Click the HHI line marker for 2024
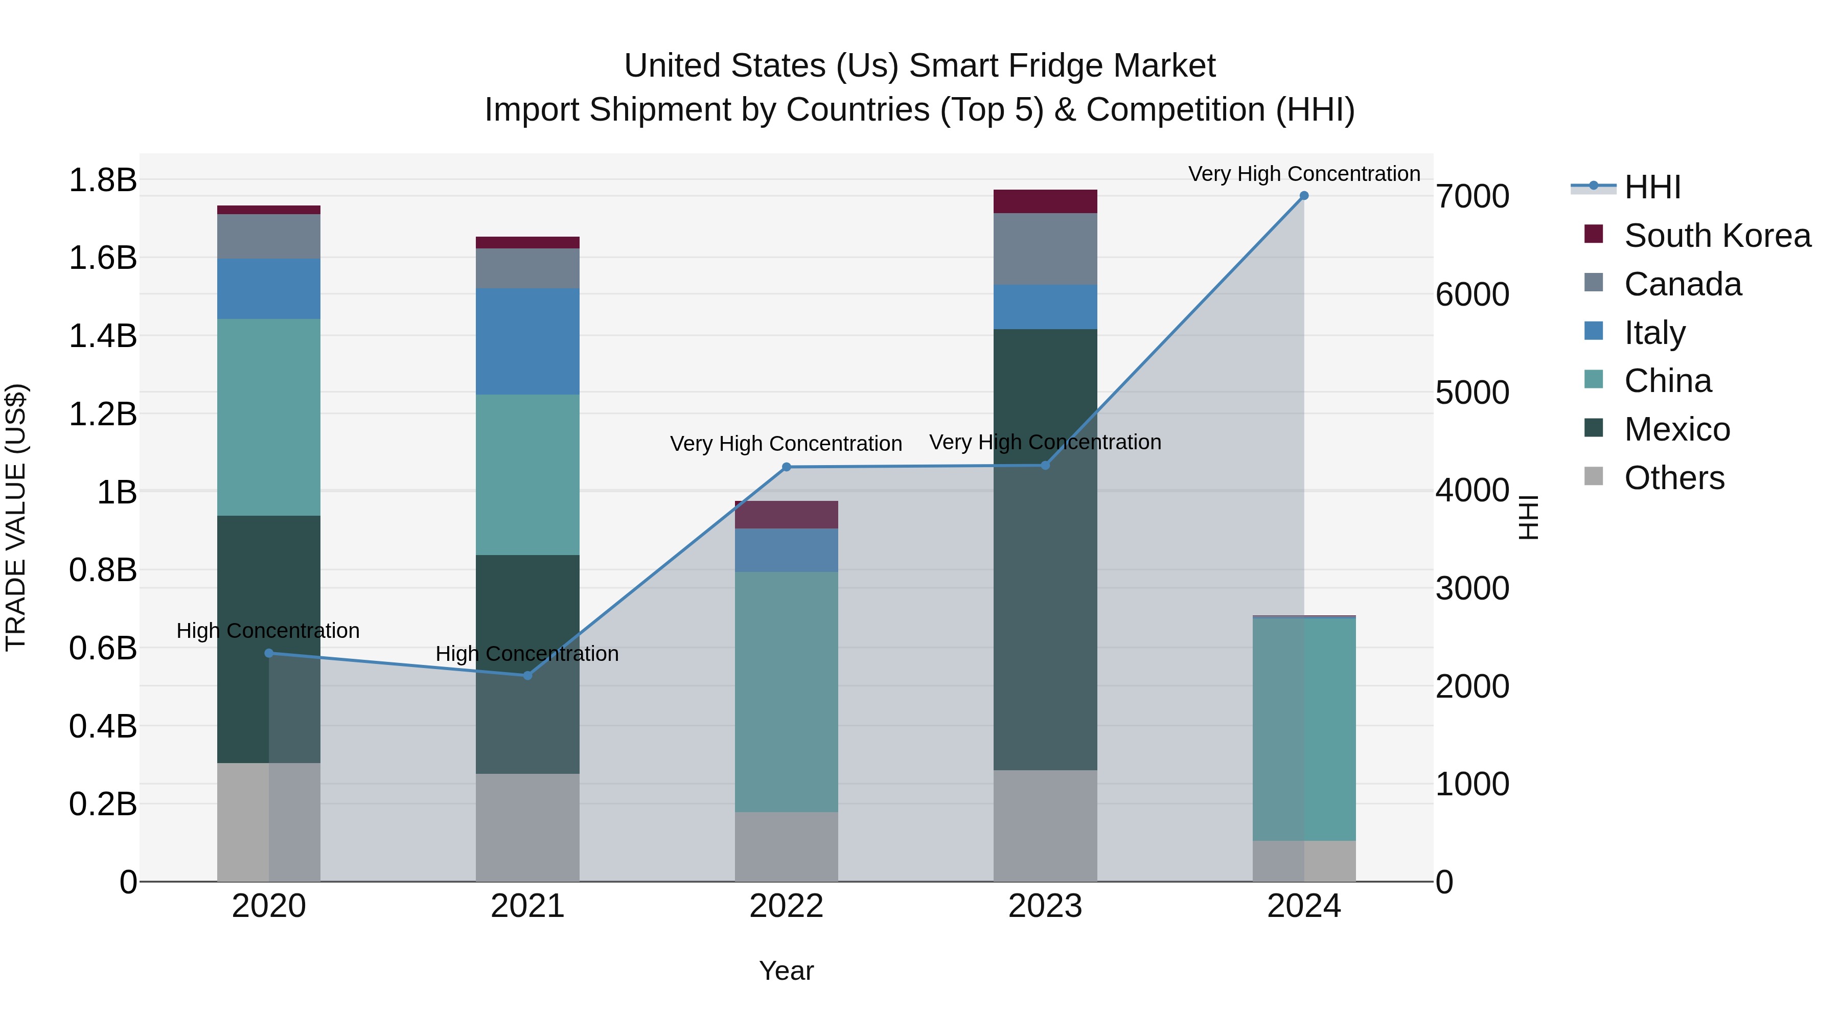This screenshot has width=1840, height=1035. pos(1303,196)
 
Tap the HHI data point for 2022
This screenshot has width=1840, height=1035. pos(787,467)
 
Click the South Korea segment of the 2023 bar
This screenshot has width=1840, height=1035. pos(1045,201)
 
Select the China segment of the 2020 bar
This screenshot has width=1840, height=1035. pos(268,417)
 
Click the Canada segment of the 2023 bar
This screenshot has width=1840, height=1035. pos(1045,248)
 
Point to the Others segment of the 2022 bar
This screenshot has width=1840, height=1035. pos(787,846)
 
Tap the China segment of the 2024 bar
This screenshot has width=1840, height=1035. pos(1303,728)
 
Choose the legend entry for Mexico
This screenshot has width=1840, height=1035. pos(1676,429)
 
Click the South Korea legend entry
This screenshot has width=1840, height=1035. pos(1716,236)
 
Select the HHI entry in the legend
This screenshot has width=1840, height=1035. pos(1652,187)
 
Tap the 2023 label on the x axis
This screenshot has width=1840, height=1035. pos(1045,906)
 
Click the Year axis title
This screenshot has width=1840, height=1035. pos(787,971)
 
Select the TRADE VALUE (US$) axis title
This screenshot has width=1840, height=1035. pos(16,517)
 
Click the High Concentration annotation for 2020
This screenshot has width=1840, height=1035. pos(268,631)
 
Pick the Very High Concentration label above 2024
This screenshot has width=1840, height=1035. pos(1303,174)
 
